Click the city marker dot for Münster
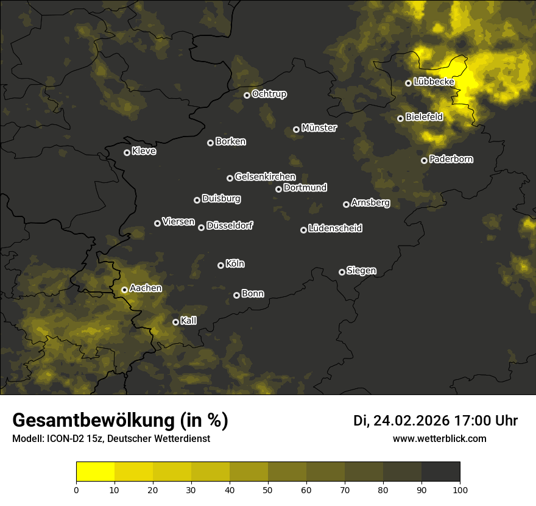[297, 129]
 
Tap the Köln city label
[235, 264]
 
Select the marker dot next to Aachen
[124, 290]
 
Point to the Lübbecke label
[434, 82]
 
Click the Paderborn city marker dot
[424, 160]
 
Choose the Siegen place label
[361, 271]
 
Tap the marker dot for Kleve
[127, 152]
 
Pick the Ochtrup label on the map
[269, 94]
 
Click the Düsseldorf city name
[230, 226]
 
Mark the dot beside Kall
[175, 322]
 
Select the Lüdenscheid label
[335, 228]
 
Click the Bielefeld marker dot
[400, 118]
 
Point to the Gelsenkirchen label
[265, 177]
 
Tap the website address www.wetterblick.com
[440, 438]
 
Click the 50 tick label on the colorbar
[268, 489]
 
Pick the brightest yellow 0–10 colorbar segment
[95, 472]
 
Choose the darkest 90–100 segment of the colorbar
[440, 472]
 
